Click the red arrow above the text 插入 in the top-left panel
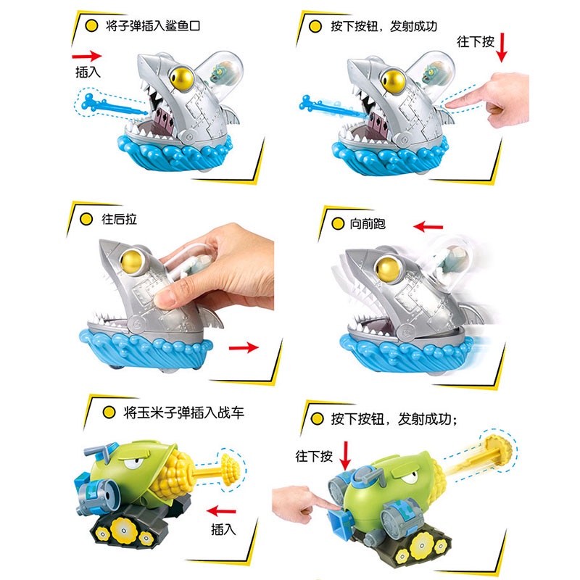pyautogui.click(x=87, y=54)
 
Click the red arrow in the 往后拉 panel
pyautogui.click(x=244, y=348)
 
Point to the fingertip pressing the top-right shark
pyautogui.click(x=452, y=106)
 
